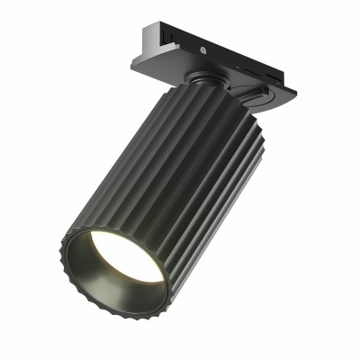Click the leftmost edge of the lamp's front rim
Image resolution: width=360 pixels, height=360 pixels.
[60, 248]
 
